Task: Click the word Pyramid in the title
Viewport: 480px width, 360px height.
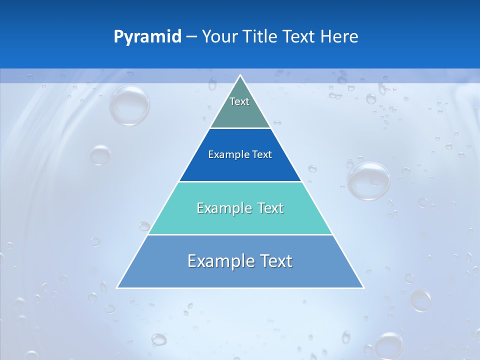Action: click(x=147, y=37)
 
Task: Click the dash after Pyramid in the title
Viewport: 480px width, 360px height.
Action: click(x=191, y=37)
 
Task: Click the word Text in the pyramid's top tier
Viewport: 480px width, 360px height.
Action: click(x=239, y=101)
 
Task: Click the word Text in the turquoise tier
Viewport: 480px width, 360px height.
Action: click(x=267, y=208)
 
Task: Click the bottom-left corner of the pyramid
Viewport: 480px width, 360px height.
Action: click(x=117, y=287)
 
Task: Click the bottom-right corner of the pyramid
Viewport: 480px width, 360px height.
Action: click(x=363, y=287)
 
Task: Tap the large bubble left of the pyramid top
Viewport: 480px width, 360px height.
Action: click(x=129, y=105)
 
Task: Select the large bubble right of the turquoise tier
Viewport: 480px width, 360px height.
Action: click(x=369, y=181)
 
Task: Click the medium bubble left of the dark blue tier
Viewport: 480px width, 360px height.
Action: click(x=100, y=155)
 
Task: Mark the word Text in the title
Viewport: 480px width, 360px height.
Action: click(x=299, y=37)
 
